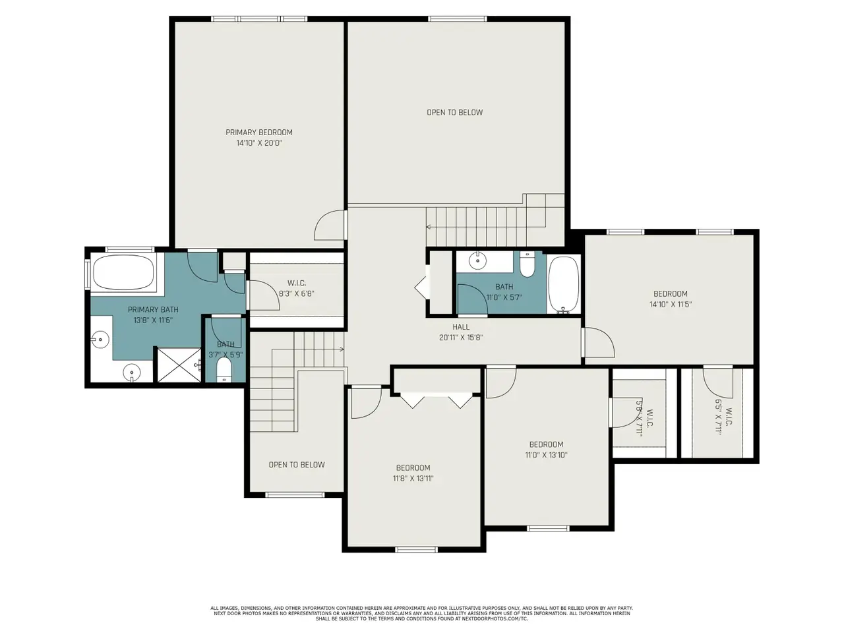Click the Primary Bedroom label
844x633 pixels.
coord(258,133)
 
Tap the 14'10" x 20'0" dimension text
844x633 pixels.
coord(259,143)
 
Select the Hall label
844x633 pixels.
coord(461,327)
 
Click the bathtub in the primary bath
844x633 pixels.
coord(123,273)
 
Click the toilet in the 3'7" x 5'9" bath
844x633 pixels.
coord(224,370)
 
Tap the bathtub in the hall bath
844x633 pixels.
coord(563,284)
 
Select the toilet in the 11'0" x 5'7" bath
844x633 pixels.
coord(527,265)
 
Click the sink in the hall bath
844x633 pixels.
coord(477,261)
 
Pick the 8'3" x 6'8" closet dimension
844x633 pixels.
coord(297,294)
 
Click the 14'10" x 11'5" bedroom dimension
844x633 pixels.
coord(670,305)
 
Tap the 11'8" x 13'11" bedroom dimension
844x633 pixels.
coord(413,479)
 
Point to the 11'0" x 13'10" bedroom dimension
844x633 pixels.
coord(546,456)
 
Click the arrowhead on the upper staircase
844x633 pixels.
coord(429,227)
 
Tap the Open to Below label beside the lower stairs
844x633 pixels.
coord(297,465)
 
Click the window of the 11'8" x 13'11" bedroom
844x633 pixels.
coord(417,550)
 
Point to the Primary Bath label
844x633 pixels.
coord(153,310)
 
